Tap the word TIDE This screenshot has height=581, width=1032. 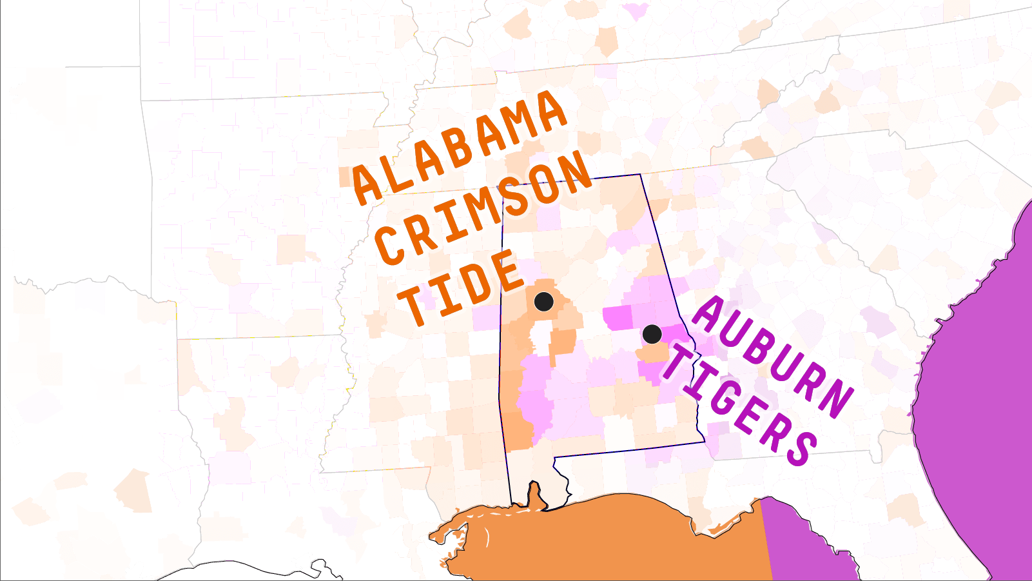pos(460,288)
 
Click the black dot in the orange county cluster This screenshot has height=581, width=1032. pos(544,301)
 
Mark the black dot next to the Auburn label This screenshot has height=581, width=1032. pos(652,334)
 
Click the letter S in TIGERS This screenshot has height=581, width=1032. pos(799,446)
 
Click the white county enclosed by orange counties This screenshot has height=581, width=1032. pos(541,335)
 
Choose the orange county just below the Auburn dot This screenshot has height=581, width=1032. pos(652,353)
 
